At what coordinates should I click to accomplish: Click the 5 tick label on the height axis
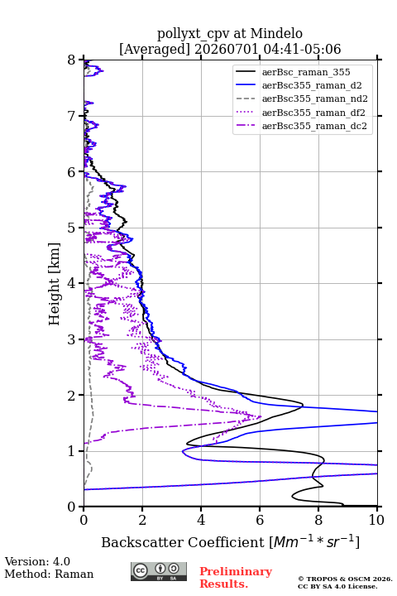(x=72, y=228)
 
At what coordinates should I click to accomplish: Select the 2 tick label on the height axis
(x=72, y=396)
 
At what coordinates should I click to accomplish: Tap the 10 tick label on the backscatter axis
(x=377, y=520)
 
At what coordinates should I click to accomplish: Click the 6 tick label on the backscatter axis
(x=260, y=520)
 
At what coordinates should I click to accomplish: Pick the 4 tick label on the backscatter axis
(x=201, y=520)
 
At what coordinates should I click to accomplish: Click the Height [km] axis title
(x=55, y=284)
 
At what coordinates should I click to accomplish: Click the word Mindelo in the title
(x=276, y=33)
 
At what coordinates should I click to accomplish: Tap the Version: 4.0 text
(x=37, y=561)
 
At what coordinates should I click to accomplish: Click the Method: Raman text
(x=49, y=574)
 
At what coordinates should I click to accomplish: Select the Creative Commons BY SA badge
(x=159, y=572)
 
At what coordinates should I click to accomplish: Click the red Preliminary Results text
(x=236, y=578)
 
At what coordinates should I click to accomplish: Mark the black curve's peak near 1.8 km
(x=303, y=405)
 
